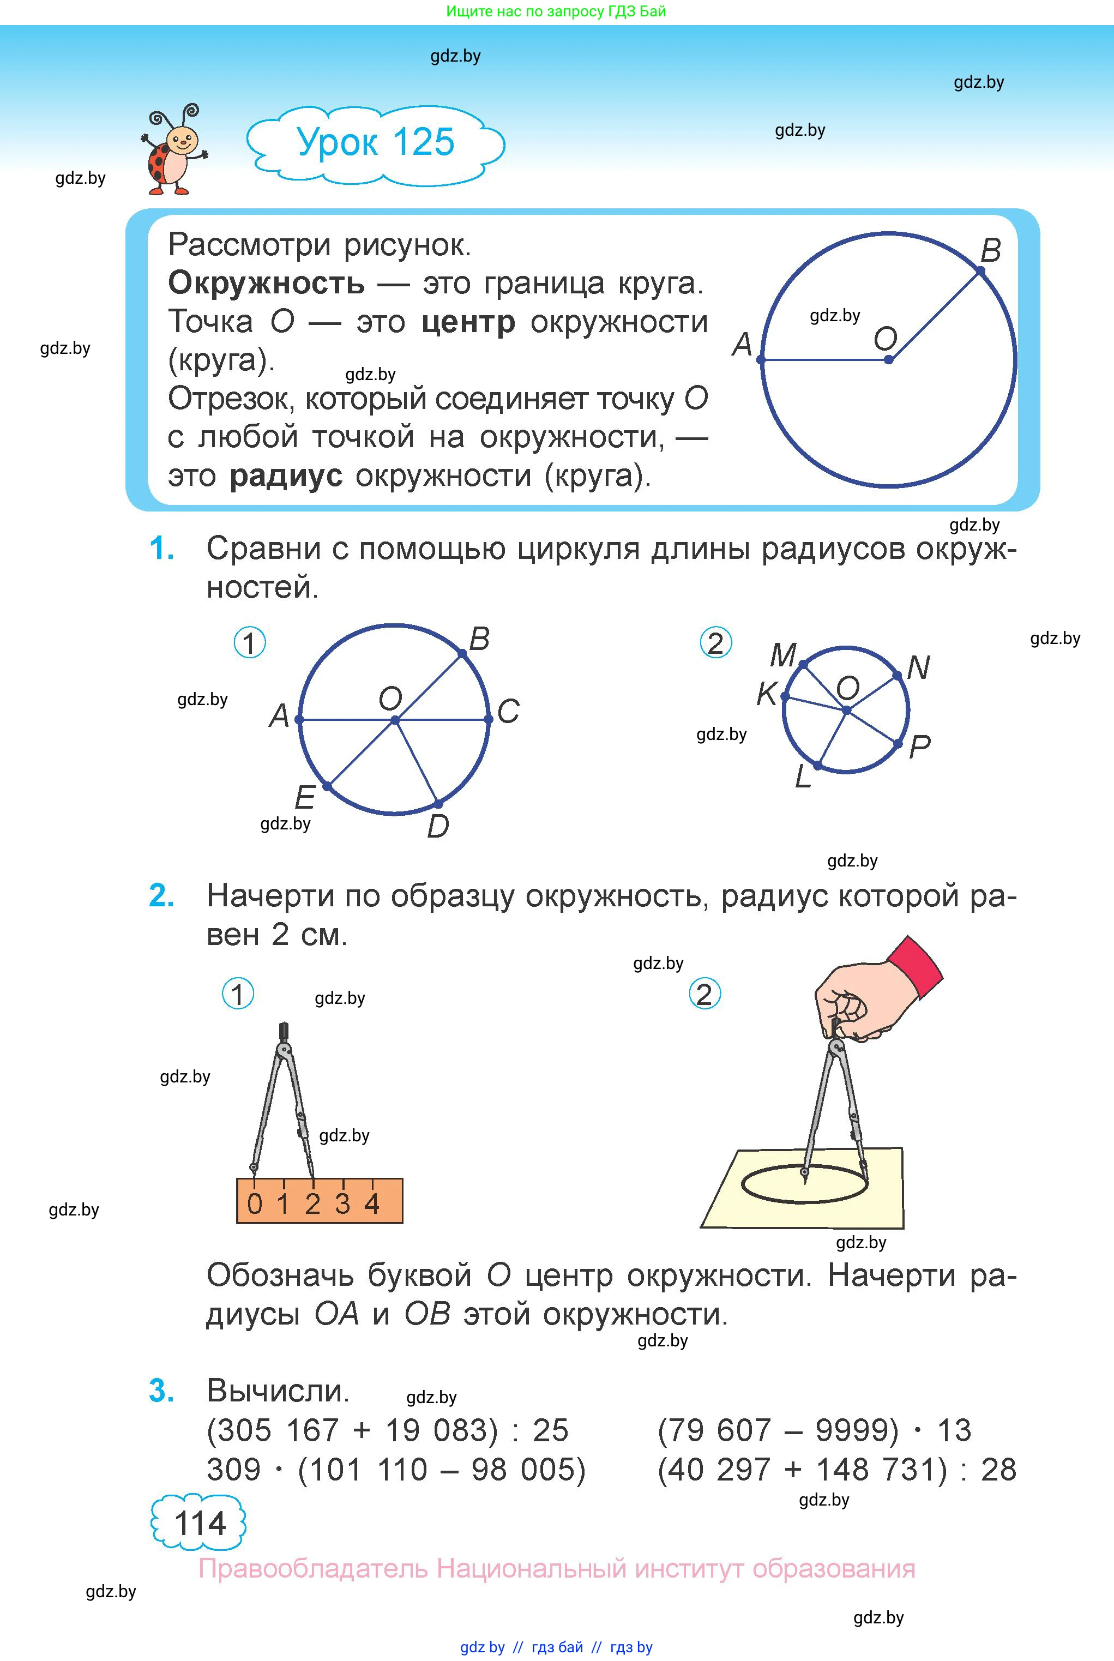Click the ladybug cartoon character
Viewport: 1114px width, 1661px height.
[x=173, y=151]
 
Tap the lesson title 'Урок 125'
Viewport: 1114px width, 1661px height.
[x=375, y=142]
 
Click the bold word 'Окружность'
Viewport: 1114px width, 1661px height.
[x=267, y=284]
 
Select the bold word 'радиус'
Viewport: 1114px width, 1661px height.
[x=286, y=476]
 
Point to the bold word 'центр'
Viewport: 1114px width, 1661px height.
[x=468, y=322]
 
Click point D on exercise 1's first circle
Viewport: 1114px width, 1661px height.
[x=438, y=803]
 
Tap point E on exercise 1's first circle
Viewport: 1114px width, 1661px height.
[x=327, y=786]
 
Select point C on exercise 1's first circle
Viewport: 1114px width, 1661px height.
[x=489, y=720]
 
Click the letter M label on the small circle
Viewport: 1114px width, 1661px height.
[x=783, y=654]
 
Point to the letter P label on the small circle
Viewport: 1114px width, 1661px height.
[x=919, y=747]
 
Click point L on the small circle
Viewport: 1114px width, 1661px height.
[x=818, y=766]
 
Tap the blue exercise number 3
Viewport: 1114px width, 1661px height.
[x=161, y=1391]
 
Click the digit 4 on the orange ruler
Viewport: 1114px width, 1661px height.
[x=371, y=1203]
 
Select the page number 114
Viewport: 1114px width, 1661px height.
[x=200, y=1523]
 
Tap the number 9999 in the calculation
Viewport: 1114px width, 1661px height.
[x=857, y=1430]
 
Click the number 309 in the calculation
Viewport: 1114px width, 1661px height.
[x=234, y=1469]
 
